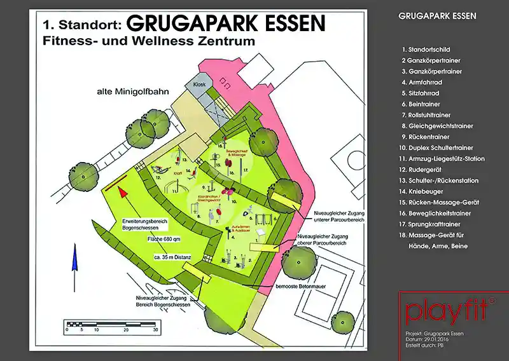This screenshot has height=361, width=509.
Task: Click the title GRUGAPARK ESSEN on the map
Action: (x=226, y=24)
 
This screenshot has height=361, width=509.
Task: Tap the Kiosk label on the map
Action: (x=192, y=85)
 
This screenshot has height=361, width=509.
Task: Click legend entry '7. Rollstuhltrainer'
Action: (x=430, y=115)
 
